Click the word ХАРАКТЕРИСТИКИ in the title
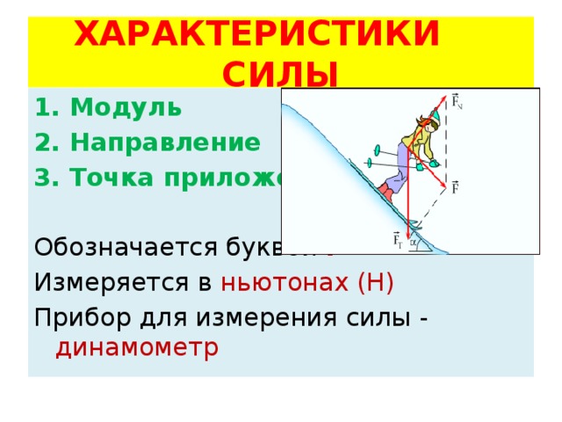tap(256, 34)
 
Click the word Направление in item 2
tap(165, 142)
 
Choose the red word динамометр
tap(137, 349)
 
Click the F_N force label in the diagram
tap(457, 101)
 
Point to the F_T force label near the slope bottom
tap(399, 239)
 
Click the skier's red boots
tap(385, 191)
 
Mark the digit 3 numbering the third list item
tap(42, 176)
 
